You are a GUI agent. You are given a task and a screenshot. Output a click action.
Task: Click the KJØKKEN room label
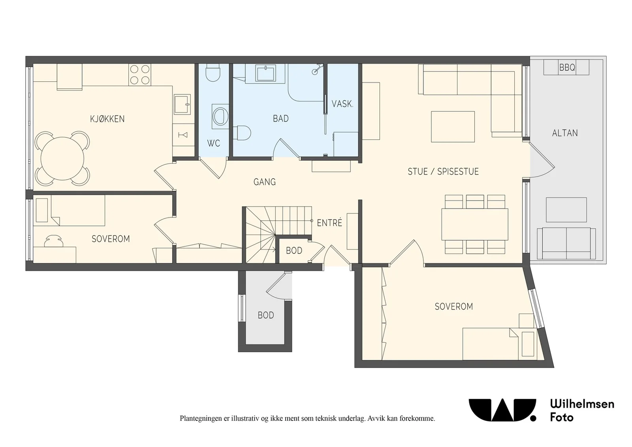pos(107,119)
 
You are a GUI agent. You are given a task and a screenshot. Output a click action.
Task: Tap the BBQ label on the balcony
pos(567,68)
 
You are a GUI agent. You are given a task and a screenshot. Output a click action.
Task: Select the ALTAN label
pos(565,133)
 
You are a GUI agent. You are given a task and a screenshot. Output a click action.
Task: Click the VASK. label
pos(342,104)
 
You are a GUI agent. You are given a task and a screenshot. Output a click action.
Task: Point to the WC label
pos(214,143)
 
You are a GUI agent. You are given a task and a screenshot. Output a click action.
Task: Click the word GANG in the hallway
pos(265,182)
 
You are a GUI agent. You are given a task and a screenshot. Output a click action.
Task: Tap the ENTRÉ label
pos(329,223)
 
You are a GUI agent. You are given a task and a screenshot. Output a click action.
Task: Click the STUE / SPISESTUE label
pos(443,171)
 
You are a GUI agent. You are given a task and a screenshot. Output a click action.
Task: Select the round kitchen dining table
pos(62,158)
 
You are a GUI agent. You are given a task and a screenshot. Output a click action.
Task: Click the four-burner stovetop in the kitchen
pos(140,75)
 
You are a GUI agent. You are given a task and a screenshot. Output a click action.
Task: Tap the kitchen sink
pos(182,104)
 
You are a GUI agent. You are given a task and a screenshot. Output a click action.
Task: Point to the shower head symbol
pos(318,69)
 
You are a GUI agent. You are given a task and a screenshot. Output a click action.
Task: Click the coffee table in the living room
pos(453,127)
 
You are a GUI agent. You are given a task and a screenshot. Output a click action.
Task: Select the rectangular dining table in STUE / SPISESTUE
pos(475,224)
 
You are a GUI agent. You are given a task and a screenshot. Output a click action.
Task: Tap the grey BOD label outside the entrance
pos(266,315)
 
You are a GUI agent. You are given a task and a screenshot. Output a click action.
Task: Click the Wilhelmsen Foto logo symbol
pos(502,410)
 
